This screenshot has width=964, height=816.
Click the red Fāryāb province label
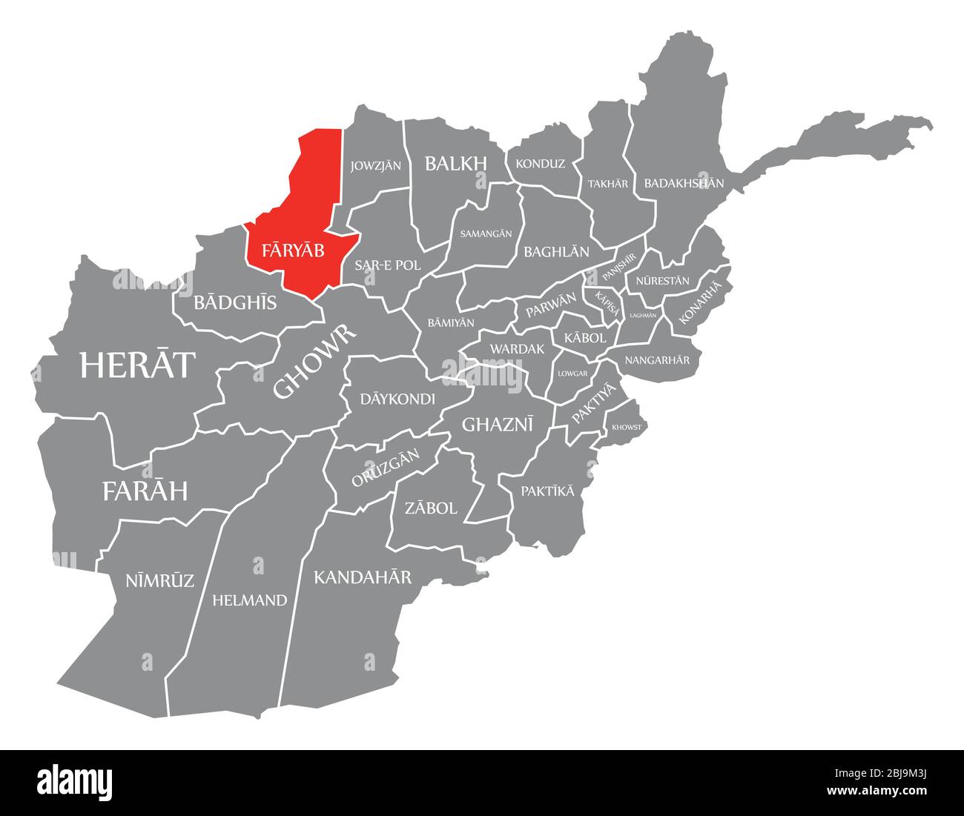[x=293, y=251]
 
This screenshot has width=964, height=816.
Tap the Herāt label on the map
[x=138, y=365]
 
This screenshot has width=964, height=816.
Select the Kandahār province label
[x=362, y=577]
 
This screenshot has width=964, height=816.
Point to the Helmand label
[x=249, y=600]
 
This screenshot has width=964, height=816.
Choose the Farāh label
[x=145, y=491]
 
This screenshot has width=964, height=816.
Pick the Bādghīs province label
[x=235, y=302]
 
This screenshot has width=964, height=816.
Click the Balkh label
[x=455, y=164]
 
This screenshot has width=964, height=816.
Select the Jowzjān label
[x=376, y=165]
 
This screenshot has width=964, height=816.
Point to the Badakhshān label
[x=684, y=182]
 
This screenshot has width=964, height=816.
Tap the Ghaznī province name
[x=498, y=424]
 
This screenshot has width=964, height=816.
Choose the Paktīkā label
[x=547, y=491]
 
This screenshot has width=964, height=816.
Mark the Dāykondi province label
[x=397, y=399]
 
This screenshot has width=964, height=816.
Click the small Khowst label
[x=627, y=428]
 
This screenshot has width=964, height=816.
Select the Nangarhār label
[x=657, y=360]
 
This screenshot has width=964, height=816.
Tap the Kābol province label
[x=585, y=337]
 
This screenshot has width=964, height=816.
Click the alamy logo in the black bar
[x=75, y=780]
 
